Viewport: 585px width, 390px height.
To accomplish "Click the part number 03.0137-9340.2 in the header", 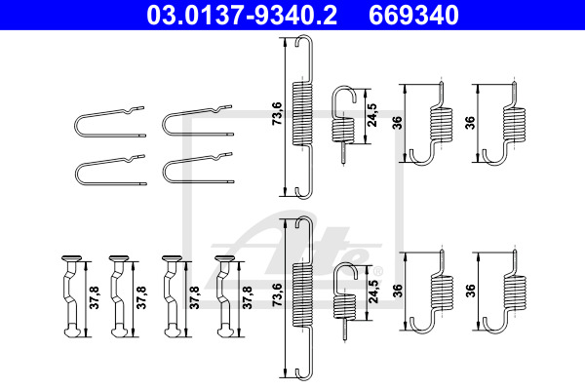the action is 242,15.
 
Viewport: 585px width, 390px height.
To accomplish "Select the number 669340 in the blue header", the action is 413,15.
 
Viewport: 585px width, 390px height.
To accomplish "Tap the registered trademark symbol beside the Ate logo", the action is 378,270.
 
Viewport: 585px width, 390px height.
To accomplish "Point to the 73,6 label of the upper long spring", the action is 278,113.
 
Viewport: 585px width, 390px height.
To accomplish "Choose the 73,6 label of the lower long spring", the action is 278,294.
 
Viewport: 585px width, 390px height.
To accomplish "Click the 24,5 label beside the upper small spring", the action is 372,115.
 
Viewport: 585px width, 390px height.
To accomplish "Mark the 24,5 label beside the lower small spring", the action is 373,292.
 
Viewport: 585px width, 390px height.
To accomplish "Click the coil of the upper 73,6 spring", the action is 302,113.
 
